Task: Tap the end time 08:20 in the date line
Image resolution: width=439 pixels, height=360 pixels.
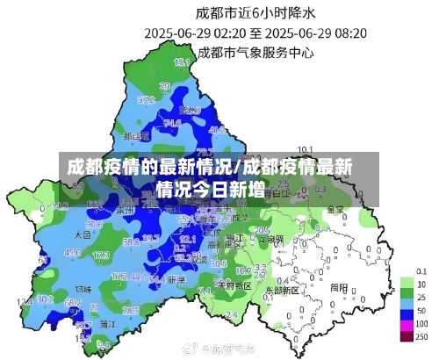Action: (x=348, y=33)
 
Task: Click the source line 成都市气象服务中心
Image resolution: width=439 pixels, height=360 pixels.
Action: (x=255, y=53)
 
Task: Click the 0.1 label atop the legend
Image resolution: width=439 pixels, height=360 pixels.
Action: (x=421, y=270)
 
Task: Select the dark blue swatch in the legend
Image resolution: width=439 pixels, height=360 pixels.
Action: (x=407, y=311)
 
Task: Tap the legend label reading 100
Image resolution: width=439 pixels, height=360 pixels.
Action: (x=421, y=324)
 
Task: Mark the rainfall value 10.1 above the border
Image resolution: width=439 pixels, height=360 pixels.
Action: (x=306, y=149)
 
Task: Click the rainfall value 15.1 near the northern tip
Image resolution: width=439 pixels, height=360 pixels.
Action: (x=182, y=62)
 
